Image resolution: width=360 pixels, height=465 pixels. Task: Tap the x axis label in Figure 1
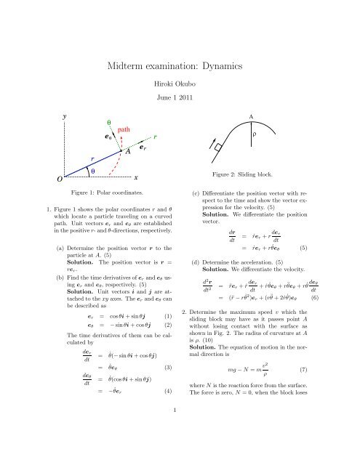[136, 177]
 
